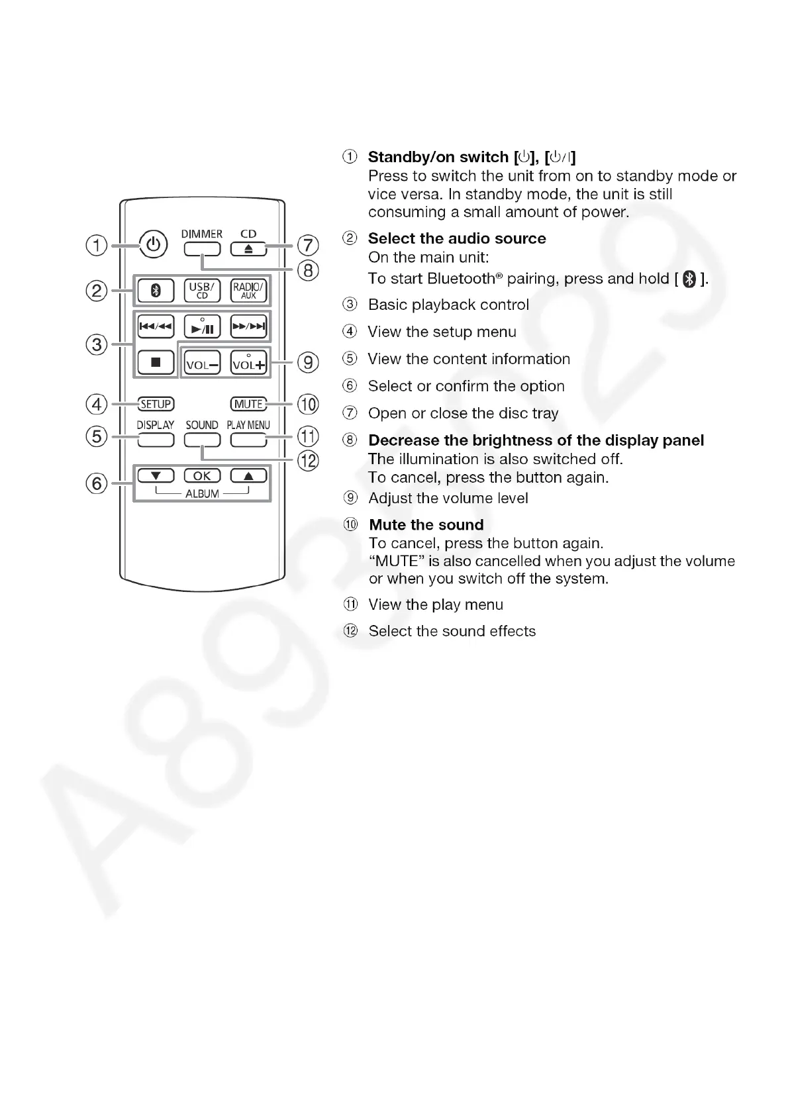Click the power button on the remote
click(154, 244)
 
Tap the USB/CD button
click(202, 290)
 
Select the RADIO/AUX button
click(248, 290)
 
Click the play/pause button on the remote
click(202, 326)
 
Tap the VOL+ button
click(248, 362)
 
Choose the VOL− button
click(202, 363)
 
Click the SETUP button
click(156, 404)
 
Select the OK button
click(202, 475)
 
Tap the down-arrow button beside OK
click(156, 475)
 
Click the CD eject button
click(248, 249)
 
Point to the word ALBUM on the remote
click(202, 493)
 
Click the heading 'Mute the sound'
click(426, 525)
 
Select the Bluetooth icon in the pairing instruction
click(689, 279)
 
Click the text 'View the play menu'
click(436, 605)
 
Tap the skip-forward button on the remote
click(248, 326)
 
